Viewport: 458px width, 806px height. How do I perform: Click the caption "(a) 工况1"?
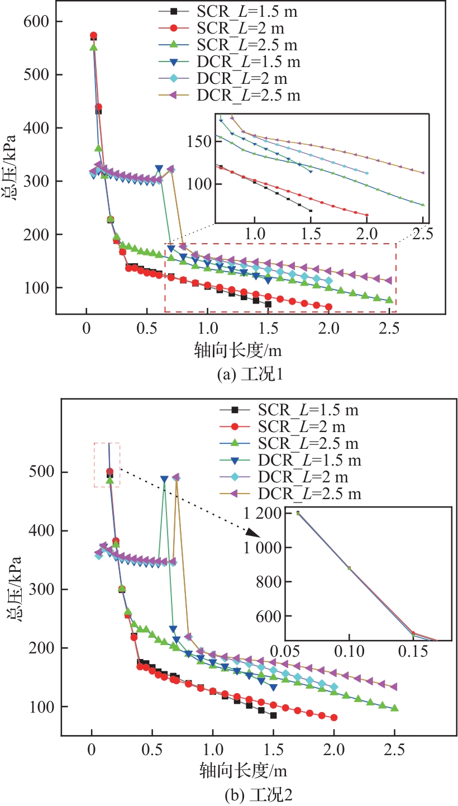pos(250,374)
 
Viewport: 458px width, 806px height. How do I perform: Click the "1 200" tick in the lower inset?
pos(265,513)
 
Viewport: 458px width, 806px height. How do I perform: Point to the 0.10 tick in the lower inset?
pos(349,652)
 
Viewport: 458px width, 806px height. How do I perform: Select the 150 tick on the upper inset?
pos(201,141)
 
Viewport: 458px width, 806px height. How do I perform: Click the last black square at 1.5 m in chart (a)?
pos(268,304)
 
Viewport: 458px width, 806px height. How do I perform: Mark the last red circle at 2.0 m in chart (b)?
pos(334,718)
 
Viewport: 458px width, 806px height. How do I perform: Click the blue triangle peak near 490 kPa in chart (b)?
pos(164,480)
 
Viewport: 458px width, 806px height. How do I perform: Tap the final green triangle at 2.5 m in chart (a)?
pos(389,300)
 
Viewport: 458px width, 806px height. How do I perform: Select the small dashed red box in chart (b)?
pos(107,464)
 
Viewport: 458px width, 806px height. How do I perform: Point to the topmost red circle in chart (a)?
pos(93,36)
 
